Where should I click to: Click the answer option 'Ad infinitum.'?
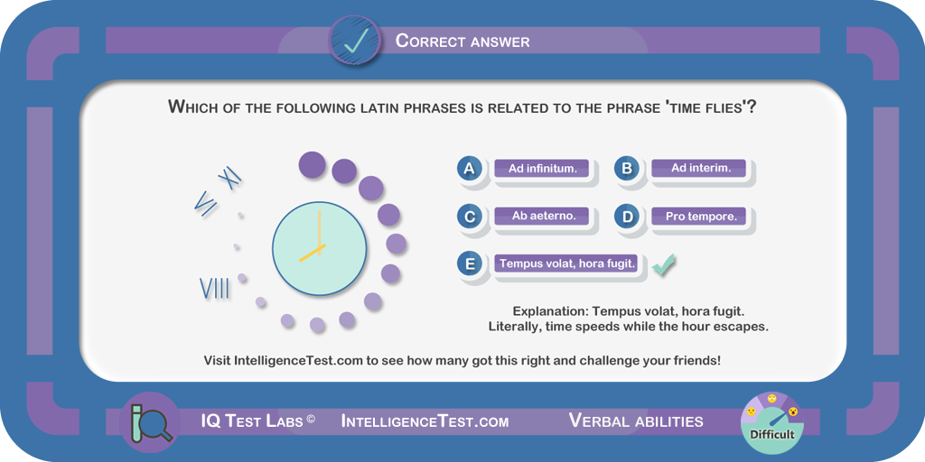coord(542,169)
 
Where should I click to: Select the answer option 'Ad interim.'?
coord(700,169)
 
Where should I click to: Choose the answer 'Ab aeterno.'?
coord(542,217)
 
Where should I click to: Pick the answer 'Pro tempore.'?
coord(700,217)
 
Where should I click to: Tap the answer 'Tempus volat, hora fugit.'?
coord(567,264)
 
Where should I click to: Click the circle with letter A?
coord(470,169)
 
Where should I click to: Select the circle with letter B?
coord(627,169)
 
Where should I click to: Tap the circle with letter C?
coord(470,217)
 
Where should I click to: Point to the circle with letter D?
coord(627,217)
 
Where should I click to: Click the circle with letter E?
coord(470,264)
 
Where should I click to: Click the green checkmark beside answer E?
coord(663,264)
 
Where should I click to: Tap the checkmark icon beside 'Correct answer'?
coord(355,40)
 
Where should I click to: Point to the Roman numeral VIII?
coord(215,289)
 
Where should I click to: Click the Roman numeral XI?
coord(230,178)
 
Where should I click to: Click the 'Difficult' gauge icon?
coord(772,422)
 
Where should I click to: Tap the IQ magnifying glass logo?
coord(150,422)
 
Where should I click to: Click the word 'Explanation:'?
coord(551,311)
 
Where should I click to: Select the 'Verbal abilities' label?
coord(636,420)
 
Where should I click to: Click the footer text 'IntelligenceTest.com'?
coord(425,421)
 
